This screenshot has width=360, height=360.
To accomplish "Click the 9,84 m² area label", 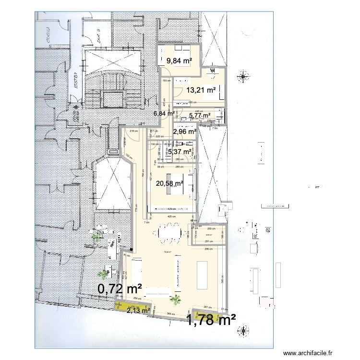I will tap(179, 61).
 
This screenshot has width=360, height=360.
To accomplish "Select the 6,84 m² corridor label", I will tap(163, 113).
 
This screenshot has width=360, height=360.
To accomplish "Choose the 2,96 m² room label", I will tap(185, 132).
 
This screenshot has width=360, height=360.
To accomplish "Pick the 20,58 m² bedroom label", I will tap(169, 183).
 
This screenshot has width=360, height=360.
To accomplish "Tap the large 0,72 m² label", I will tap(120, 289).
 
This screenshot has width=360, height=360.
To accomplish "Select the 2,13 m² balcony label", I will tap(138, 311).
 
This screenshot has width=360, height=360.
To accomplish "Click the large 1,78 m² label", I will tap(211, 319).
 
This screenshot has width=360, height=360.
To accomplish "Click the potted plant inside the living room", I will tap(176, 298).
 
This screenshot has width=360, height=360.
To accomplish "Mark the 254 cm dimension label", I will tap(137, 299).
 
